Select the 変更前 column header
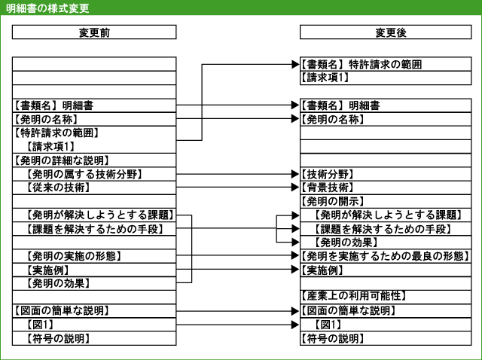pyautogui.click(x=94, y=32)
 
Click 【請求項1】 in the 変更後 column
pyautogui.click(x=325, y=78)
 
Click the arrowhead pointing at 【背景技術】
pyautogui.click(x=295, y=188)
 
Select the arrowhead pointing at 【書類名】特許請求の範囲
pyautogui.click(x=295, y=64)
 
